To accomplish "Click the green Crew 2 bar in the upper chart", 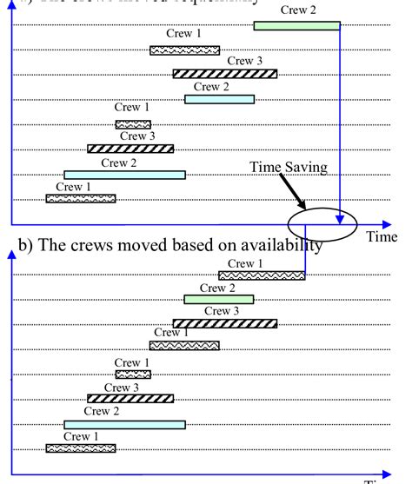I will click(x=296, y=26).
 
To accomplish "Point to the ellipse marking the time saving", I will click(x=323, y=222).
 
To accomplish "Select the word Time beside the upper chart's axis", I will click(x=381, y=236).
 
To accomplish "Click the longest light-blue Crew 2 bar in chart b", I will click(x=124, y=424).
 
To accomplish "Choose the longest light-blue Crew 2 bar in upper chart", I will click(x=124, y=175).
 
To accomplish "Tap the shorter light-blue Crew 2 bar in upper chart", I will click(x=219, y=99).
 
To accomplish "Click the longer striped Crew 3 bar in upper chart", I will click(x=224, y=74).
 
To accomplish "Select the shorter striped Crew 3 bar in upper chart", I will click(x=130, y=149).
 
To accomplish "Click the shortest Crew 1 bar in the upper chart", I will click(x=133, y=124).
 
